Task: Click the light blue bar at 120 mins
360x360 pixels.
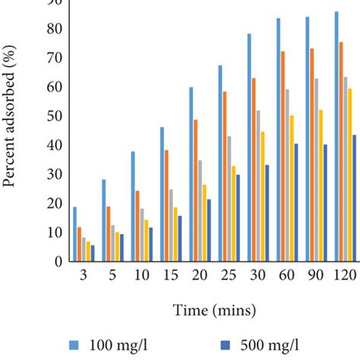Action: click(336, 137)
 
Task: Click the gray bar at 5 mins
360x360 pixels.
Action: click(112, 243)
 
